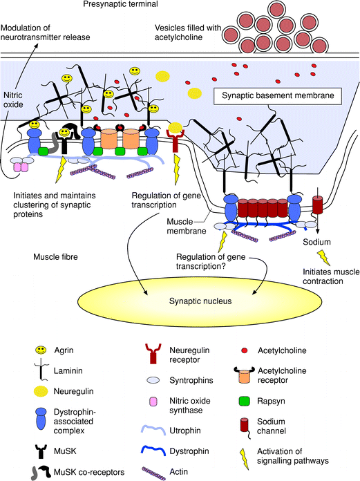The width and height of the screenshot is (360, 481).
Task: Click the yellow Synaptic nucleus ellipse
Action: (x=200, y=301)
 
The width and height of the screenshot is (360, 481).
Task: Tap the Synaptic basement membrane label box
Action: (x=278, y=96)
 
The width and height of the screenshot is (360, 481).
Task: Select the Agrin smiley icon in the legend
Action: (x=41, y=350)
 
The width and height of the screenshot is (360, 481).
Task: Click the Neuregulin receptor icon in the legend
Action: (x=153, y=354)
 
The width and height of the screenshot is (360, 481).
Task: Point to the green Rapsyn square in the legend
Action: (x=244, y=401)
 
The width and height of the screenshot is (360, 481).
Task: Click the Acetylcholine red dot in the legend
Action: (x=245, y=350)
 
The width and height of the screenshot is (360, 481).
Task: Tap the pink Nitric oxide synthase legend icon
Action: (x=153, y=402)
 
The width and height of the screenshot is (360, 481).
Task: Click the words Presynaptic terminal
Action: (x=120, y=4)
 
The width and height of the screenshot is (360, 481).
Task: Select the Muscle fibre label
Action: (x=55, y=257)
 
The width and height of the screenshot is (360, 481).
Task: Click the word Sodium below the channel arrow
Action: (x=316, y=242)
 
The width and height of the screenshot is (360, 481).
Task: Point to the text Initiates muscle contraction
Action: (x=331, y=276)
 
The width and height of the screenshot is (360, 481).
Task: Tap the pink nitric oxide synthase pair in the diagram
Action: (x=20, y=167)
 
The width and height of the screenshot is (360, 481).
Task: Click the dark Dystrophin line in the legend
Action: (x=153, y=451)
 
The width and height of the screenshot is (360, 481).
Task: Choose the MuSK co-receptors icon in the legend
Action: (x=41, y=472)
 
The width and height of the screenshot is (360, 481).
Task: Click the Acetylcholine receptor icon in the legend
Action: (x=245, y=375)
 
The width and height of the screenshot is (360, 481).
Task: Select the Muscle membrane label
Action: (x=187, y=226)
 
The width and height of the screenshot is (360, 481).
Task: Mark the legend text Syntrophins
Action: (x=191, y=380)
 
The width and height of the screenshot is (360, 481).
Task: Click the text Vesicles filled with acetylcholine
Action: (x=188, y=32)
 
